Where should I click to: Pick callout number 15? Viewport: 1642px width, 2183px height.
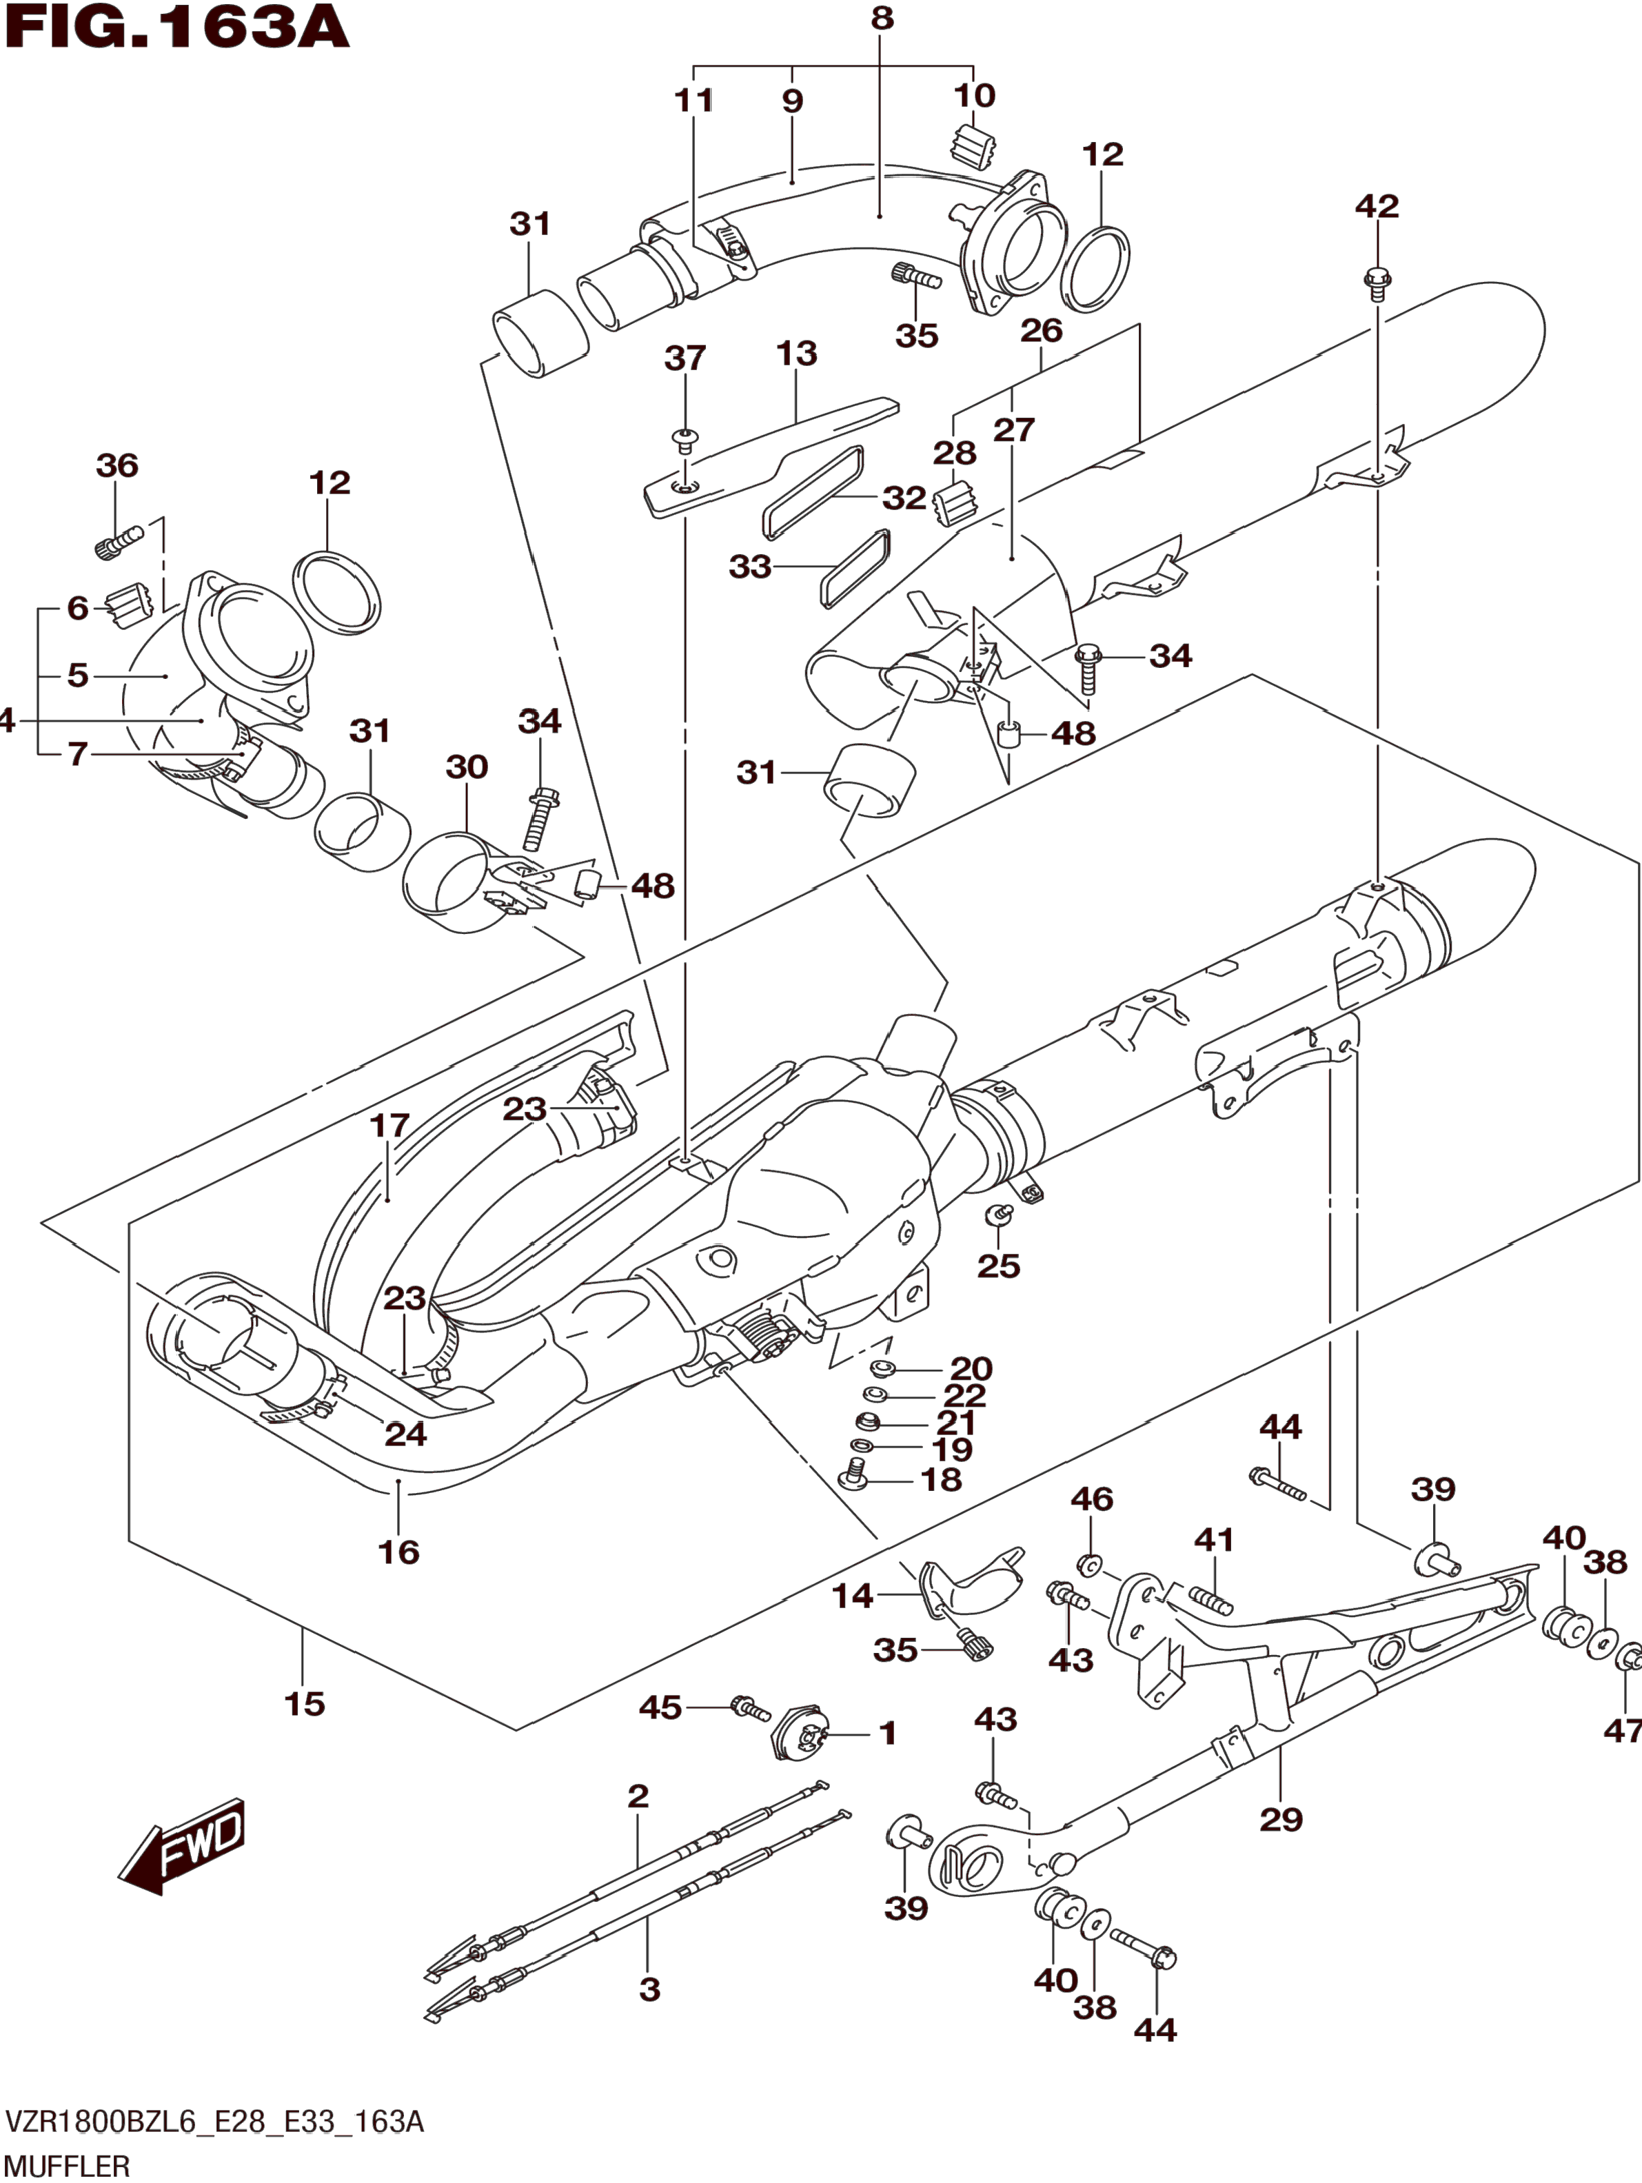tap(304, 1703)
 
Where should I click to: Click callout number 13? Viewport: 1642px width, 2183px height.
tap(796, 354)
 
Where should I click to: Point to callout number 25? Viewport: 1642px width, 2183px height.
tap(999, 1265)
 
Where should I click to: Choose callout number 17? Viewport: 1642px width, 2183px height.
tap(389, 1124)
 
